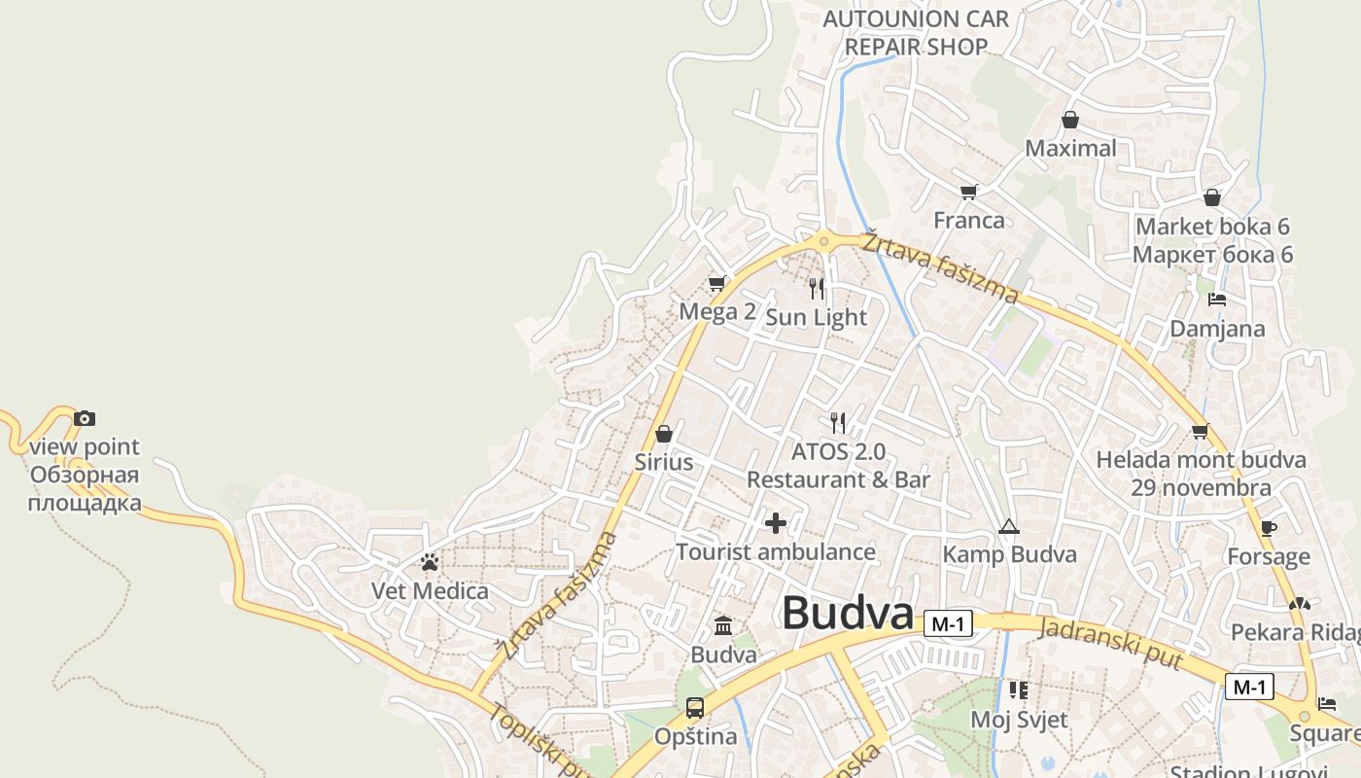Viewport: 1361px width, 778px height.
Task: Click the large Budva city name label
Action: pos(848,614)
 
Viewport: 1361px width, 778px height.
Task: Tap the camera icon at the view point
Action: pos(85,418)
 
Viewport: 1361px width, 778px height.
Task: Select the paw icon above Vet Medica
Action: pos(430,562)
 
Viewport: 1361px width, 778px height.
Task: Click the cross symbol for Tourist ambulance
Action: pos(775,523)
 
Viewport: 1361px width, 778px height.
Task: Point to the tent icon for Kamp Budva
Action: pos(1008,527)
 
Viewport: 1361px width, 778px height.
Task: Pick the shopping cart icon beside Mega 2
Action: pos(717,283)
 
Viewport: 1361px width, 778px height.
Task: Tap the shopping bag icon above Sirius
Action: pos(664,433)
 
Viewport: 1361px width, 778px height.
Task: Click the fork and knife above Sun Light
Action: pos(817,288)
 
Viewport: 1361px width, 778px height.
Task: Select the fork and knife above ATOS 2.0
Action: pos(838,422)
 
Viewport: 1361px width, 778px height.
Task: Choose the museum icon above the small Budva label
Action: pos(723,625)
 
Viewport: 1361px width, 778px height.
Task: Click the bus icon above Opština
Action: pos(694,707)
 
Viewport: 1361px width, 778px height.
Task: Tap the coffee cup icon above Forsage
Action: pos(1268,528)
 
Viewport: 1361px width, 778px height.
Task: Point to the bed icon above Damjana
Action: pos(1216,300)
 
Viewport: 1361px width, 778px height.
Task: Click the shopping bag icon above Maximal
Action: pos(1069,120)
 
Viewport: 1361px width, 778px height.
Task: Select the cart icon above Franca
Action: pos(968,191)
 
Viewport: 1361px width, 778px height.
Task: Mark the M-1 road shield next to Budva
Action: pos(947,624)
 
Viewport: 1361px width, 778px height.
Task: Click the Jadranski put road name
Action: pos(1110,643)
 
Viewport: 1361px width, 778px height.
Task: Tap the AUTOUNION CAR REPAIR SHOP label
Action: pos(916,32)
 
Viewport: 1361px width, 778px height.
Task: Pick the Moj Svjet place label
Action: pos(1019,720)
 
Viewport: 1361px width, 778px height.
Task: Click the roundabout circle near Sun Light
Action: pos(824,240)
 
